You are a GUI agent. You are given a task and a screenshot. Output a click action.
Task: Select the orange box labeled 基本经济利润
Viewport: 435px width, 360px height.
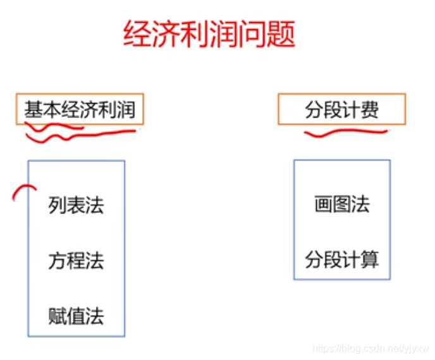tap(80, 109)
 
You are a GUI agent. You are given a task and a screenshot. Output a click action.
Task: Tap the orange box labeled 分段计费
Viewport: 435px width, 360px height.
tap(341, 110)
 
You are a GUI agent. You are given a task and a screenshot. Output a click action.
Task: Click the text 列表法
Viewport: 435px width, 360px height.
tap(76, 205)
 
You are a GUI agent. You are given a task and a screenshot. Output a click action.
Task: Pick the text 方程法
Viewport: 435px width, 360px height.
tap(76, 260)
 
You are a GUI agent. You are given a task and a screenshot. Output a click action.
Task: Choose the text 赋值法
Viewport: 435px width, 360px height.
tap(76, 315)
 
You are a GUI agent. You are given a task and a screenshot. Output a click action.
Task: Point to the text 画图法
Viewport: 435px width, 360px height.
tap(341, 205)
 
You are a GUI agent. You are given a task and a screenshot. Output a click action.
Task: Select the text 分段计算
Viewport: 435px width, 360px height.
tap(341, 260)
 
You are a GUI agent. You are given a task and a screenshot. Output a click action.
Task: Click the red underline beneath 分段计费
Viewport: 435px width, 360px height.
tap(345, 133)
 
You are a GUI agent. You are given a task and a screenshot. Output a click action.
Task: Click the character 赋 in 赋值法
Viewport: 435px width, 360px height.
tap(58, 315)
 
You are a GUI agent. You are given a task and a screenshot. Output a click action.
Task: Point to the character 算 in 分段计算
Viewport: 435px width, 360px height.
tap(369, 260)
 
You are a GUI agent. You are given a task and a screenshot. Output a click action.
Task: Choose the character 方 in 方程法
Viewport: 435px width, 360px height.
tap(58, 260)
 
